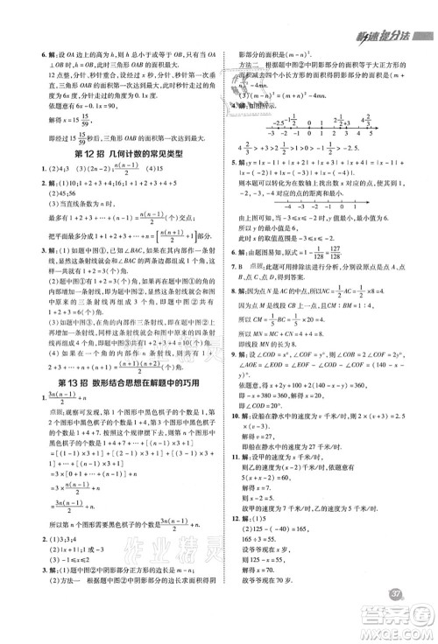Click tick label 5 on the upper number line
(x=369, y=136)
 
